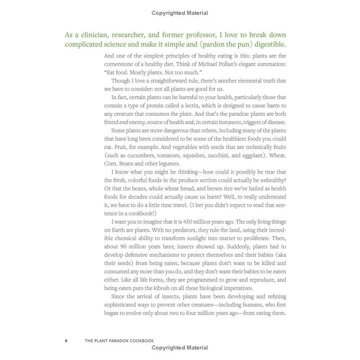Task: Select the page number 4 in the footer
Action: click(x=66, y=341)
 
